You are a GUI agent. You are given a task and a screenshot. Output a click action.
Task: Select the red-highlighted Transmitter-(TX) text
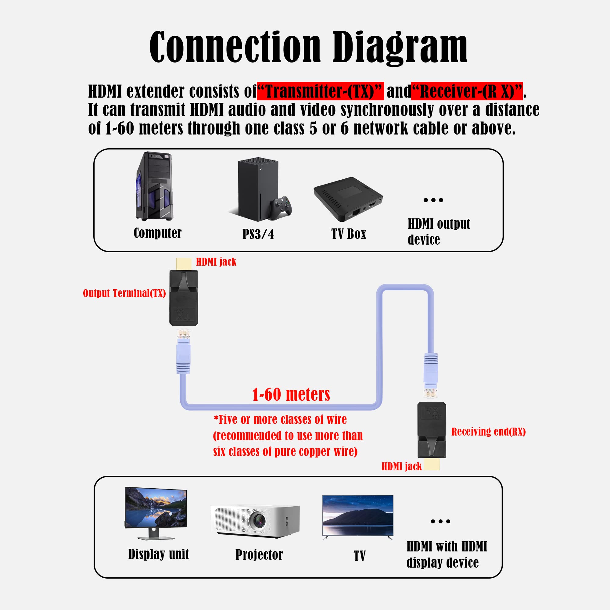click(320, 91)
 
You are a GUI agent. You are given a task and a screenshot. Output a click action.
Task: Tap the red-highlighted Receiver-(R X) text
click(467, 91)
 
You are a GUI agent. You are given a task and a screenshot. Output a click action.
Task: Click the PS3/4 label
click(258, 234)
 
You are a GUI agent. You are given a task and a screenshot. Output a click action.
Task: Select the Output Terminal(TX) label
click(124, 293)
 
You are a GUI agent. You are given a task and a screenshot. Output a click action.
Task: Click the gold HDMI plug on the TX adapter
click(184, 264)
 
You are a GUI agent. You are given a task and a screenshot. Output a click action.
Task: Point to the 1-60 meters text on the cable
click(291, 395)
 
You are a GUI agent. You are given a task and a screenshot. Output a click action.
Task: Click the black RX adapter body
click(432, 429)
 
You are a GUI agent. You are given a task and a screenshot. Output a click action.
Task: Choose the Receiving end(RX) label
click(488, 432)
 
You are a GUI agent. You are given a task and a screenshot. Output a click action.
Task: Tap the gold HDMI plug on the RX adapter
click(432, 464)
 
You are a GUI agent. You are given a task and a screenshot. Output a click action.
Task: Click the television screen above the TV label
click(357, 515)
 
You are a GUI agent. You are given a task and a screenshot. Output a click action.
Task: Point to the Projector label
click(259, 555)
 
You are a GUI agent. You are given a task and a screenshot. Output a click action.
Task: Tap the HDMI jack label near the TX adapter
click(216, 262)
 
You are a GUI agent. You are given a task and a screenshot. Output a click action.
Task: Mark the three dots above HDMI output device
click(433, 200)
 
